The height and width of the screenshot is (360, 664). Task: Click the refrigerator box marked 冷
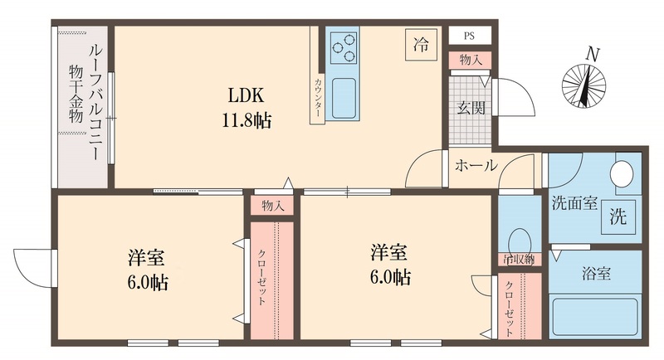(421, 46)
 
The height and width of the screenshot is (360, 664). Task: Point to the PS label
(470, 36)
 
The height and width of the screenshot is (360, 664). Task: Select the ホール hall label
(476, 166)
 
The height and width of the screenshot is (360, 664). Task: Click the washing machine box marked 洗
(618, 217)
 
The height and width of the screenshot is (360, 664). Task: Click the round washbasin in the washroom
(621, 175)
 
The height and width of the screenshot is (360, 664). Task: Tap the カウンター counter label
(318, 99)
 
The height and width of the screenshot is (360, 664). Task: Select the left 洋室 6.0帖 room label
(149, 267)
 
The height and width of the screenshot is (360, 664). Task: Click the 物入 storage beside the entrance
(470, 60)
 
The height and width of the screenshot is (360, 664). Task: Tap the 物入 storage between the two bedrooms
(270, 206)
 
